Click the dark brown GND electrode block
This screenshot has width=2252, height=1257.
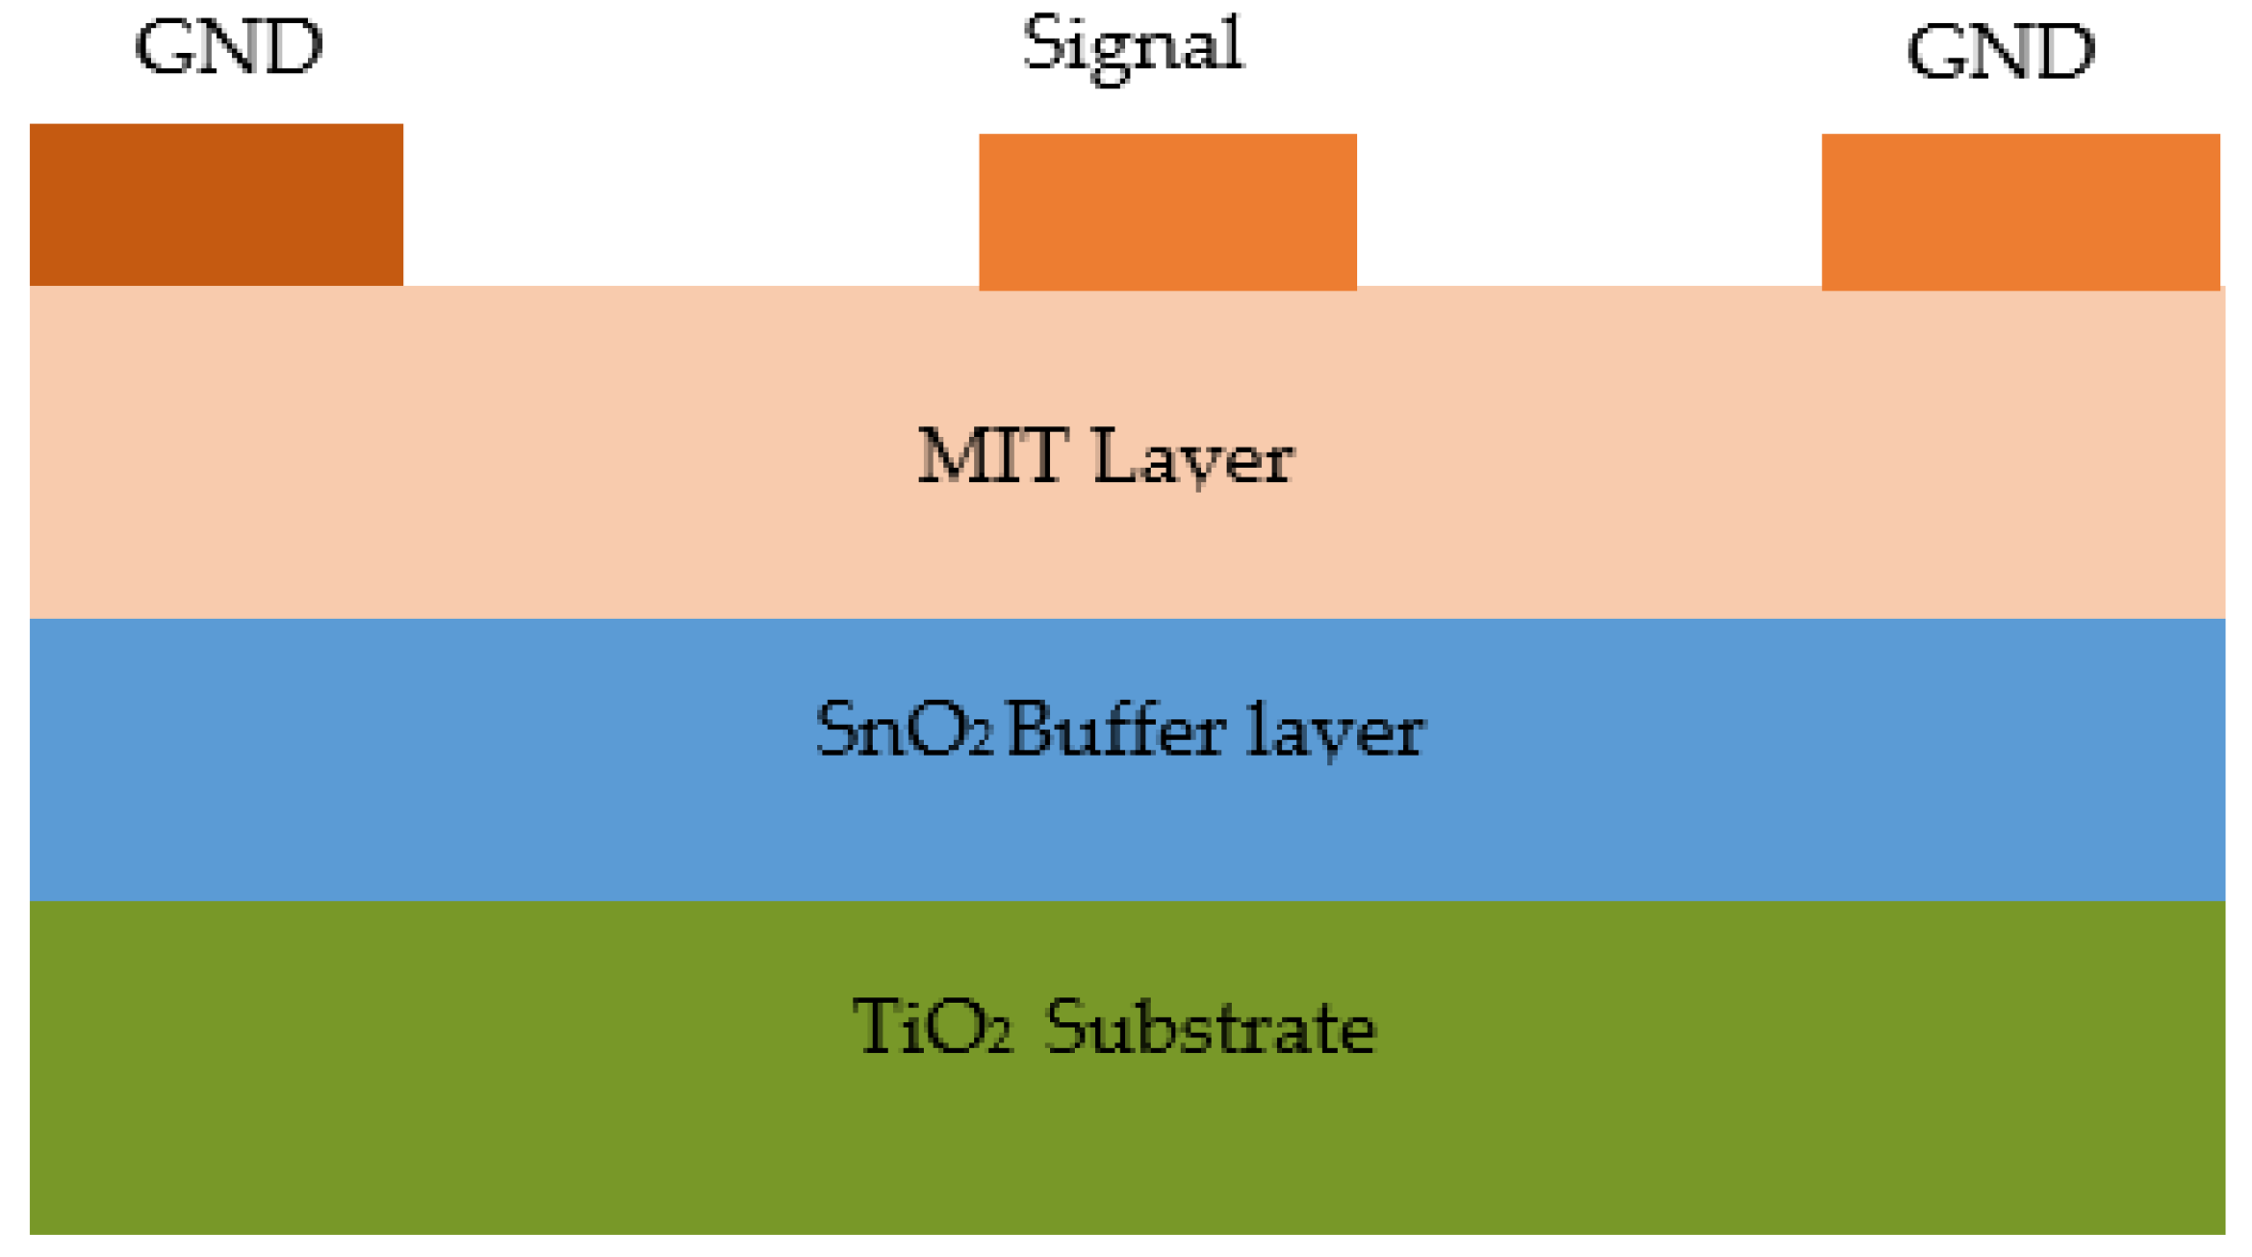[216, 204]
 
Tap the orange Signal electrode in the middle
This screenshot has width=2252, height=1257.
[1167, 212]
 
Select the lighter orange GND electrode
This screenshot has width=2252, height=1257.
[2020, 212]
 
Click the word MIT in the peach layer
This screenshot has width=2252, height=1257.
[992, 455]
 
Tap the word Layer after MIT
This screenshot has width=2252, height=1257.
[1193, 457]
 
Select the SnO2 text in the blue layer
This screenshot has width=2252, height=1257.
[903, 730]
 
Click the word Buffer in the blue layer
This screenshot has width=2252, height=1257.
[1116, 729]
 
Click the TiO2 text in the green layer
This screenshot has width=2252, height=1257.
[932, 1027]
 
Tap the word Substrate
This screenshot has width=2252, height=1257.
[1210, 1027]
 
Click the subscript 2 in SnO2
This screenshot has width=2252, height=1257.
[980, 741]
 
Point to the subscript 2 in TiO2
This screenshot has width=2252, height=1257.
[1000, 1039]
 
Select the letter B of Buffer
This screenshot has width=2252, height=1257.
[1029, 729]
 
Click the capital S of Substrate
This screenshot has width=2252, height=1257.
[1064, 1027]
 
